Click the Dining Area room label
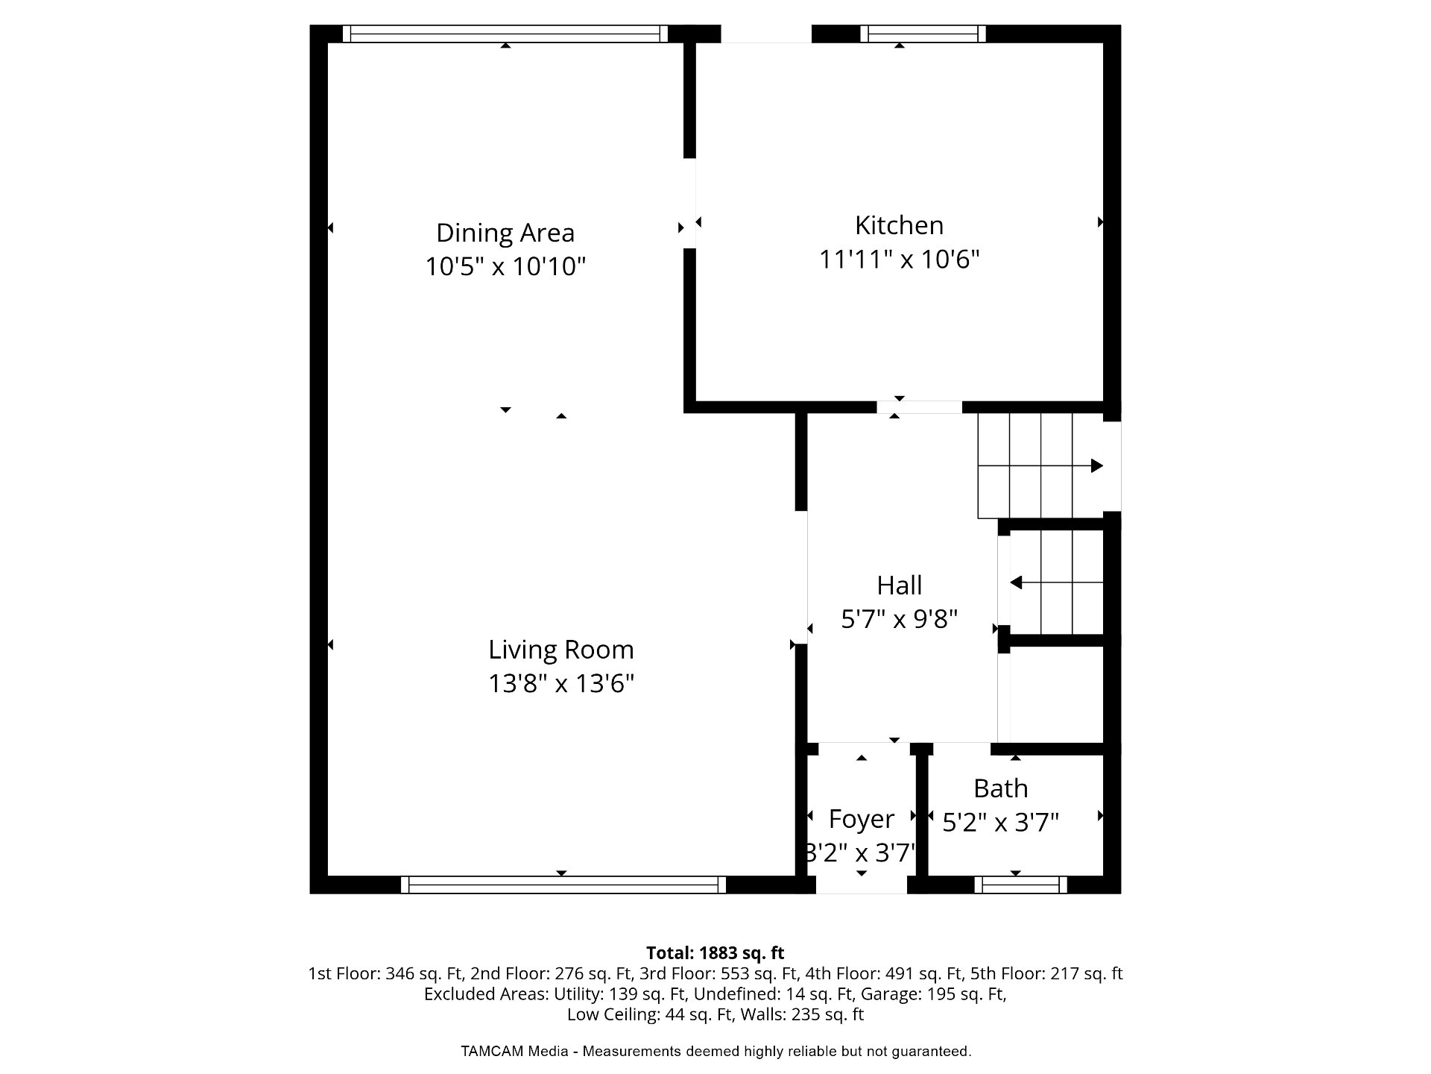point(505,233)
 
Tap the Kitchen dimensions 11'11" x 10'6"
point(899,260)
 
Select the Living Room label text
point(561,650)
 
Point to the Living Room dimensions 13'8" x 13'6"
point(561,684)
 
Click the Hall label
point(899,585)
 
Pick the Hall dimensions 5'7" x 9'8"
point(899,619)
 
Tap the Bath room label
point(1000,788)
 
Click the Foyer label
point(862,820)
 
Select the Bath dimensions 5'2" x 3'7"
point(1000,823)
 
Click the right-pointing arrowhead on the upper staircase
point(1096,466)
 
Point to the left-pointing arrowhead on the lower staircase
point(1016,582)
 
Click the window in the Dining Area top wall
point(505,34)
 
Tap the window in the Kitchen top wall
point(923,34)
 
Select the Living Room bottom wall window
point(563,885)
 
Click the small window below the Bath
point(1020,885)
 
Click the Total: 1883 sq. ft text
point(715,953)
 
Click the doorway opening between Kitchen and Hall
point(919,407)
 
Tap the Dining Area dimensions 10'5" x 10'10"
point(505,266)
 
